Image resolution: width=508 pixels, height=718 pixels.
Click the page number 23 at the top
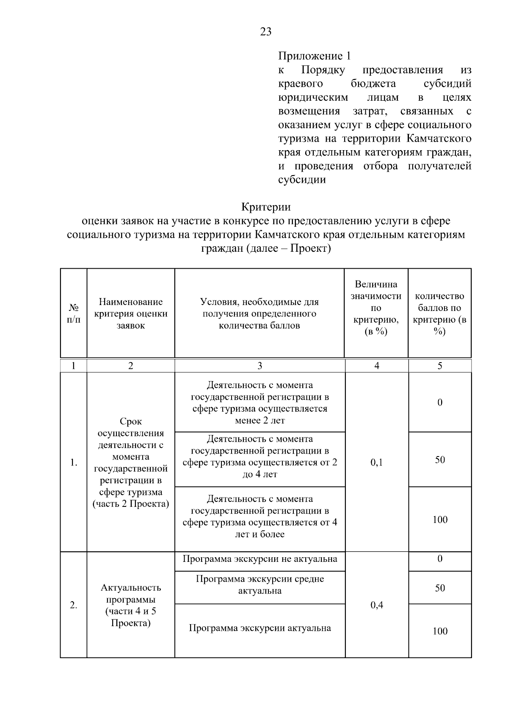(x=265, y=32)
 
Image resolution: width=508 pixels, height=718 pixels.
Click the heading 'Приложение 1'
(x=314, y=56)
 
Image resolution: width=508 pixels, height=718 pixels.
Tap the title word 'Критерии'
(x=266, y=207)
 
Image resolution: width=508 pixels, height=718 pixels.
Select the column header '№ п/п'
(x=74, y=314)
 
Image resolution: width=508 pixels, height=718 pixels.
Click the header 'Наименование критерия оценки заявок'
(x=131, y=314)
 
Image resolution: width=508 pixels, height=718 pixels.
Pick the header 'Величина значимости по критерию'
(x=376, y=308)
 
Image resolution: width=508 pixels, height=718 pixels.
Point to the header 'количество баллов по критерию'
(x=439, y=314)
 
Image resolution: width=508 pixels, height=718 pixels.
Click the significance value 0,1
(x=376, y=462)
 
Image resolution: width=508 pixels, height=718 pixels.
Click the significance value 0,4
(x=376, y=605)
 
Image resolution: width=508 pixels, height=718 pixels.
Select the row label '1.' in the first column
(x=74, y=462)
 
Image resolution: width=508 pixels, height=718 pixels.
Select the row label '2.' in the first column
(x=74, y=605)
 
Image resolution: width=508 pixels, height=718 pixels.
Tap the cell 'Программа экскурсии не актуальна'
(x=260, y=559)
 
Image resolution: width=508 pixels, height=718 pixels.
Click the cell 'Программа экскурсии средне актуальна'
(x=260, y=585)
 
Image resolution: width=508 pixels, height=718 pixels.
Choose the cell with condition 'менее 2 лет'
(x=260, y=403)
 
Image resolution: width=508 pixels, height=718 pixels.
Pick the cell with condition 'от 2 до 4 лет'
(x=260, y=457)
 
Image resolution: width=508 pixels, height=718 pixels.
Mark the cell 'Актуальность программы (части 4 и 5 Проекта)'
(x=131, y=605)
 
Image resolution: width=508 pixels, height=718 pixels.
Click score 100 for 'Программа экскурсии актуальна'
(x=440, y=631)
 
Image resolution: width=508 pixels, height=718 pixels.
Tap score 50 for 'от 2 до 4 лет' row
(x=440, y=459)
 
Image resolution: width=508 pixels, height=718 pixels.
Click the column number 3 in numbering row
(x=260, y=366)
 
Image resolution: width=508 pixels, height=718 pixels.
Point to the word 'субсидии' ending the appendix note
(x=302, y=179)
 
